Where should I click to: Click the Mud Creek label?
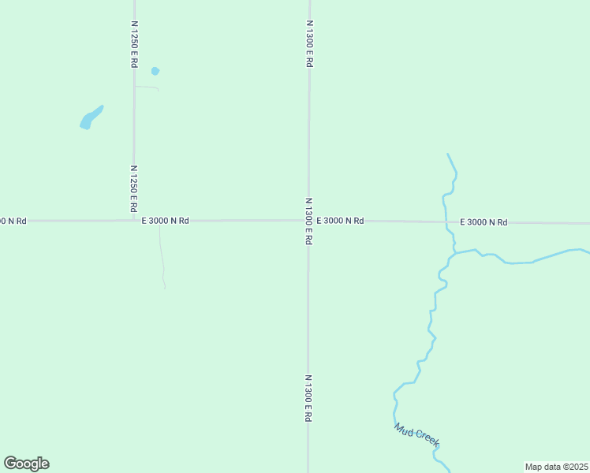pyautogui.click(x=416, y=434)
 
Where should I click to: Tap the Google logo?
pyautogui.click(x=26, y=464)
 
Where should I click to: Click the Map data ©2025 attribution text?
pyautogui.click(x=556, y=467)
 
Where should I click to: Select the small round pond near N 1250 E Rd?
pyautogui.click(x=155, y=71)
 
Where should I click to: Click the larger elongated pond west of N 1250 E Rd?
pyautogui.click(x=91, y=118)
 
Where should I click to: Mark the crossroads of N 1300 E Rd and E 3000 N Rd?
pyautogui.click(x=308, y=221)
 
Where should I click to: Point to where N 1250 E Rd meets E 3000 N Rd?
pyautogui.click(x=134, y=221)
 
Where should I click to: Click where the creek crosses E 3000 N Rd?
pyautogui.click(x=446, y=222)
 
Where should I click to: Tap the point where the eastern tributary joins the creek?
pyautogui.click(x=454, y=253)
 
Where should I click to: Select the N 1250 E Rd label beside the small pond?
pyautogui.click(x=134, y=44)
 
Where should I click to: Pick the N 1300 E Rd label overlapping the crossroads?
pyautogui.click(x=308, y=221)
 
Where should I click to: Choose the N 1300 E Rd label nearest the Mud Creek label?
pyautogui.click(x=308, y=398)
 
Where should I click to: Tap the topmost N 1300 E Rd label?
pyautogui.click(x=309, y=44)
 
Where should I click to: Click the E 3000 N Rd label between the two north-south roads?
pyautogui.click(x=165, y=221)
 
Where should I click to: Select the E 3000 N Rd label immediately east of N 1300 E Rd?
pyautogui.click(x=340, y=221)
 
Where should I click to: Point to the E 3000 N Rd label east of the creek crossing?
pyautogui.click(x=483, y=222)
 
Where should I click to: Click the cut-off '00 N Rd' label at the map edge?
pyautogui.click(x=13, y=221)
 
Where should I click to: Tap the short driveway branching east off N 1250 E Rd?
pyautogui.click(x=147, y=88)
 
